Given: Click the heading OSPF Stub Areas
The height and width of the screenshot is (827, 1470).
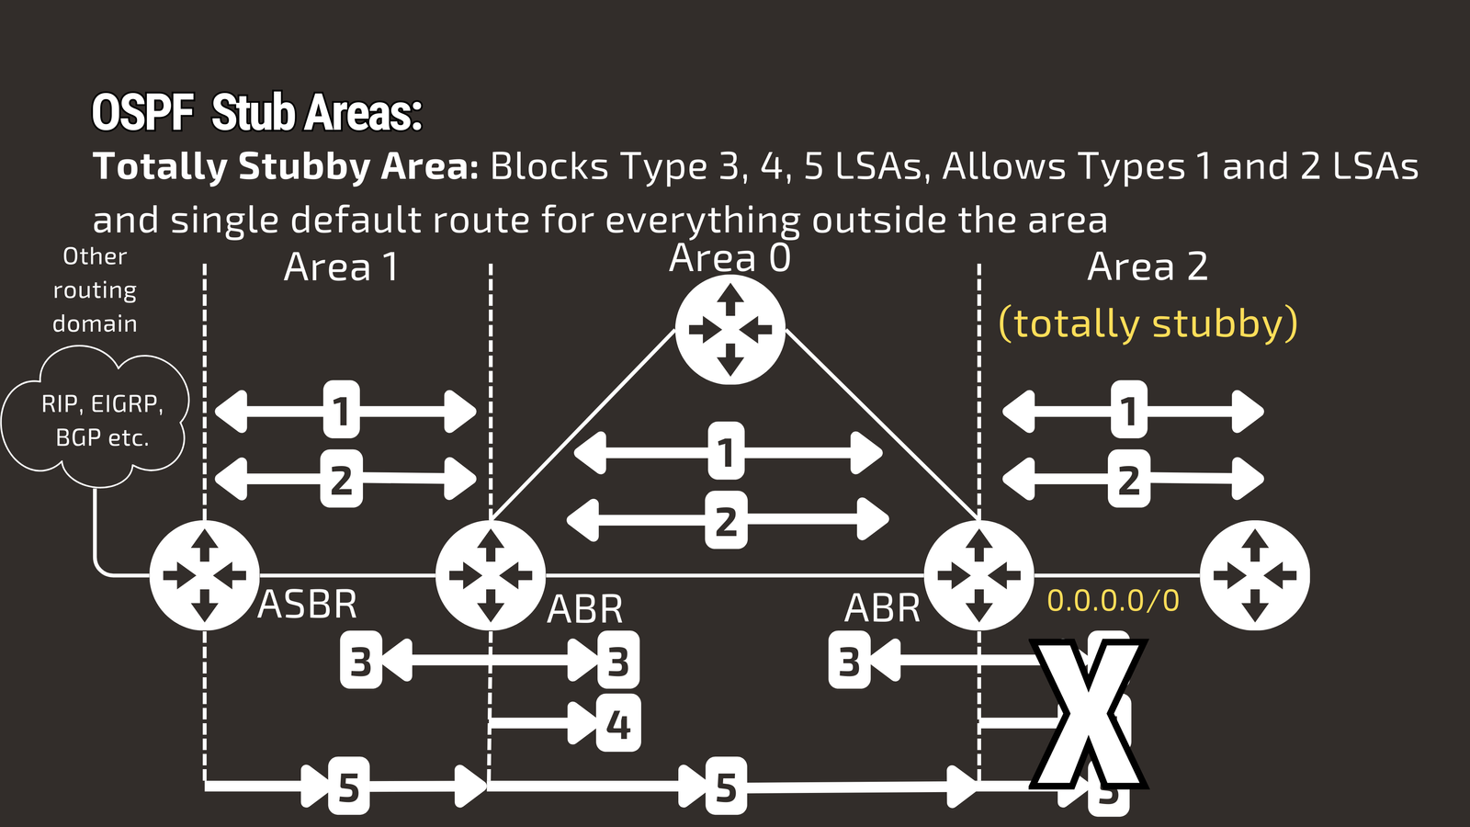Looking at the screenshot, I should point(256,113).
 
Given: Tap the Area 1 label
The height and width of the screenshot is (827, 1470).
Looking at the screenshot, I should point(341,267).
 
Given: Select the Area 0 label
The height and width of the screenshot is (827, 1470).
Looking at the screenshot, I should point(729,258).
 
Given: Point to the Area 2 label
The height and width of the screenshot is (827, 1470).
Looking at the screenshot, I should point(1147,266).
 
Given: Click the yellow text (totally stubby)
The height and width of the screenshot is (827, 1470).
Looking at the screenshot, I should point(1148,323).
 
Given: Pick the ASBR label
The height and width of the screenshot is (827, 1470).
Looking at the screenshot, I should point(308,605).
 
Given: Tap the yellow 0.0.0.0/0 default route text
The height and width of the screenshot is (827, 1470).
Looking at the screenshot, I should point(1113,601).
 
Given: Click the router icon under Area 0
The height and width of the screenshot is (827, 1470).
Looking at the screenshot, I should point(729,329).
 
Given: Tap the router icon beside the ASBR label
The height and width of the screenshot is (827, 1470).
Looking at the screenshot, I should point(204,575).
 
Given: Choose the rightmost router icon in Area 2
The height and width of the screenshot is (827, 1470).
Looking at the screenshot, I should point(1255,575).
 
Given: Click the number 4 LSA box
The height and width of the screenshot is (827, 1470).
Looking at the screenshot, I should point(618,724).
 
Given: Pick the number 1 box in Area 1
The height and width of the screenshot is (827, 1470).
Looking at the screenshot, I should point(341,410).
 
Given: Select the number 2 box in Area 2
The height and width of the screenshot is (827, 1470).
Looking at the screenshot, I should point(1129,479).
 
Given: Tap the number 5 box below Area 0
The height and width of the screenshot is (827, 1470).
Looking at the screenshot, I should point(726,787).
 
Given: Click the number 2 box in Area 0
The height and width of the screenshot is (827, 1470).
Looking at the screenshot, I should point(726,520).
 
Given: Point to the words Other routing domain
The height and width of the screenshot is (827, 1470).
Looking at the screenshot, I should point(95,289).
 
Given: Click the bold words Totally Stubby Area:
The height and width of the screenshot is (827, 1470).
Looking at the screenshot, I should point(286,166).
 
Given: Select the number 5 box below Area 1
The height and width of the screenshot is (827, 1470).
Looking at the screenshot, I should point(348,787).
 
